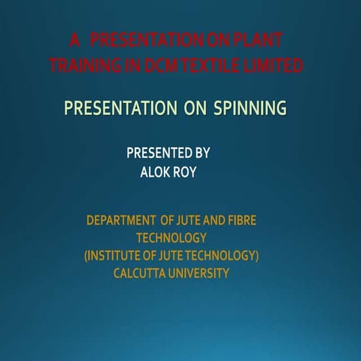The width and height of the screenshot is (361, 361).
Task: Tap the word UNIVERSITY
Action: click(200, 273)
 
